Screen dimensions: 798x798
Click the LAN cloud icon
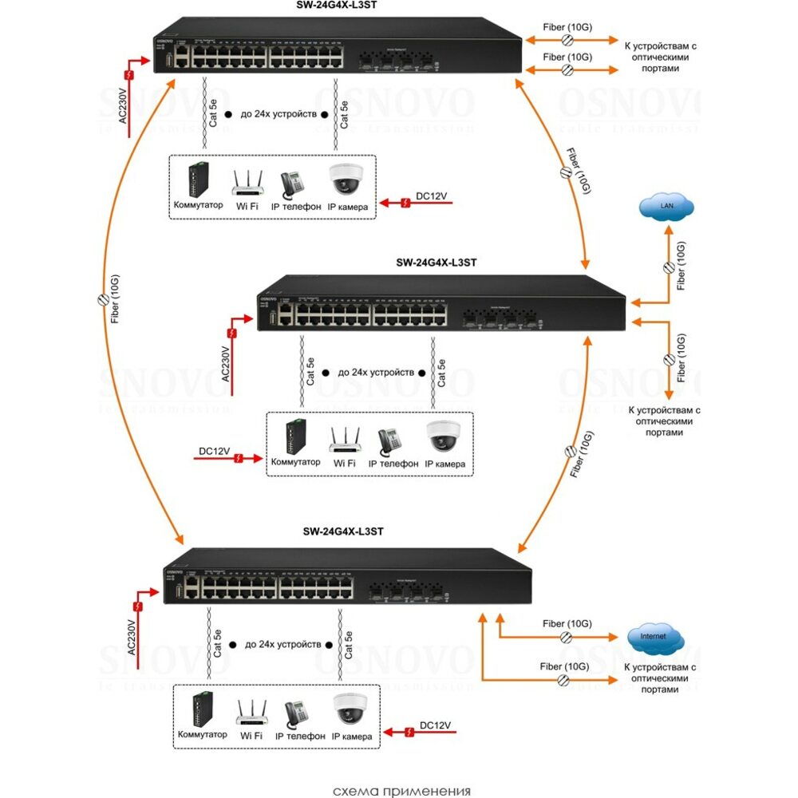tap(666, 209)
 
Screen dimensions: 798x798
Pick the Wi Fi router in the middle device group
tap(345, 438)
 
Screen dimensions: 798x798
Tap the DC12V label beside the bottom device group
tap(435, 724)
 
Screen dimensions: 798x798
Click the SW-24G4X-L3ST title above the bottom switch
tap(344, 531)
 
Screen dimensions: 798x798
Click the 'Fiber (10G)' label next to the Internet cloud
tap(567, 623)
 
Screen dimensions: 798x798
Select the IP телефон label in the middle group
tap(393, 463)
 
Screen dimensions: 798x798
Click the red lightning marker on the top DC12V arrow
tap(405, 205)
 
